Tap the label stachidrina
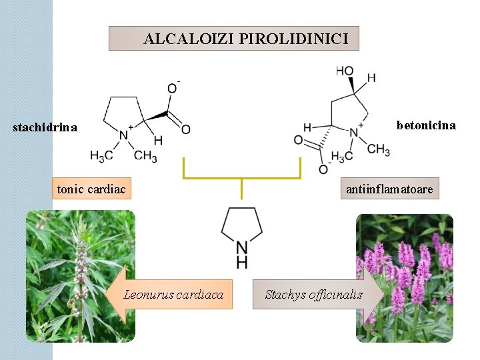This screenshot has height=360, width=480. click(x=45, y=127)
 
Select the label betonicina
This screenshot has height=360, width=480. click(x=426, y=125)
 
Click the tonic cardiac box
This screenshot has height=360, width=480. click(x=91, y=189)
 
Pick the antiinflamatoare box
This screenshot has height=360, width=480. click(x=389, y=189)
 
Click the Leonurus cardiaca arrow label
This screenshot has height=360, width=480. click(x=173, y=294)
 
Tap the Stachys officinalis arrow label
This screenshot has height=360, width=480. click(x=314, y=294)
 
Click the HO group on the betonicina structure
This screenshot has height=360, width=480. click(x=345, y=71)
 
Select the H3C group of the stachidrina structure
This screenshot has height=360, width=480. click(x=101, y=157)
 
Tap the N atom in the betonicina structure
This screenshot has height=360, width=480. click(x=354, y=133)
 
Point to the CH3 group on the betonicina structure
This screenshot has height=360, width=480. click(x=378, y=149)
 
